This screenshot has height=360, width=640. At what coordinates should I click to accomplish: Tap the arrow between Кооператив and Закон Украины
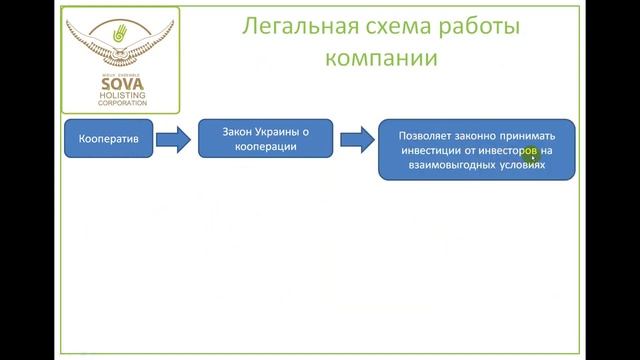pyautogui.click(x=173, y=140)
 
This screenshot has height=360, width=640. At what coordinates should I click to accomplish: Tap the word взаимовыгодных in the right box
pyautogui.click(x=446, y=168)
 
